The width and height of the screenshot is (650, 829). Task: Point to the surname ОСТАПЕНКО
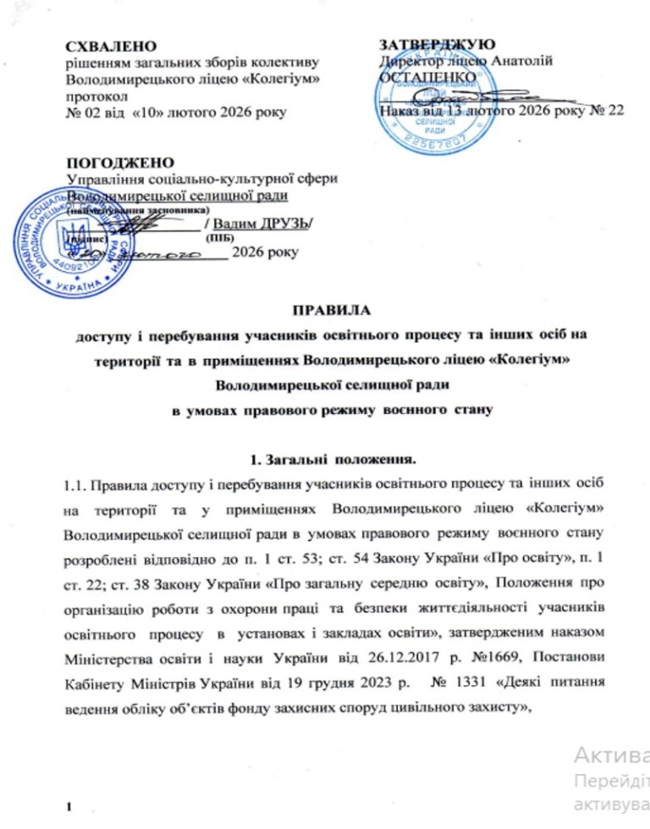pyautogui.click(x=421, y=77)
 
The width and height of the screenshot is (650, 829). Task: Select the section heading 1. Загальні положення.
pyautogui.click(x=326, y=458)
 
